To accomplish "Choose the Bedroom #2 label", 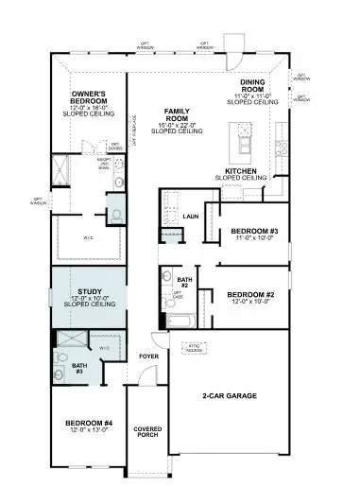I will [x=249, y=294].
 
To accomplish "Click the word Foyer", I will [x=149, y=357].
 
